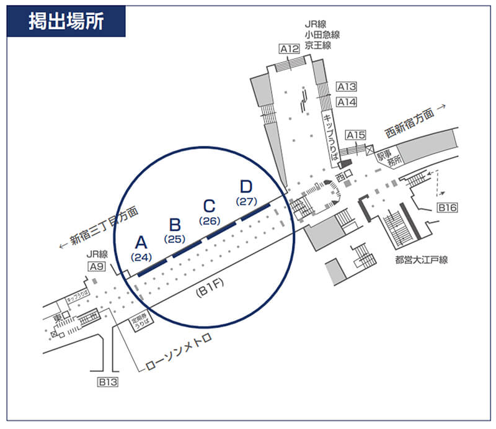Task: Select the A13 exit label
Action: (x=347, y=87)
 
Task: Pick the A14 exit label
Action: (x=347, y=102)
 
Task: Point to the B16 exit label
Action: (x=447, y=208)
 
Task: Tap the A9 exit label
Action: (x=97, y=267)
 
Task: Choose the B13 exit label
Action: (x=107, y=382)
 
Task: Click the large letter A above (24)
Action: (x=141, y=242)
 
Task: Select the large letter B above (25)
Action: (x=175, y=225)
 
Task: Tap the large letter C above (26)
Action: (x=210, y=206)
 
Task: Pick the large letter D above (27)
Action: (x=246, y=186)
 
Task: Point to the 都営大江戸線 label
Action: (x=420, y=260)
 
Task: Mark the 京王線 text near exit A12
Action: (x=317, y=45)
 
